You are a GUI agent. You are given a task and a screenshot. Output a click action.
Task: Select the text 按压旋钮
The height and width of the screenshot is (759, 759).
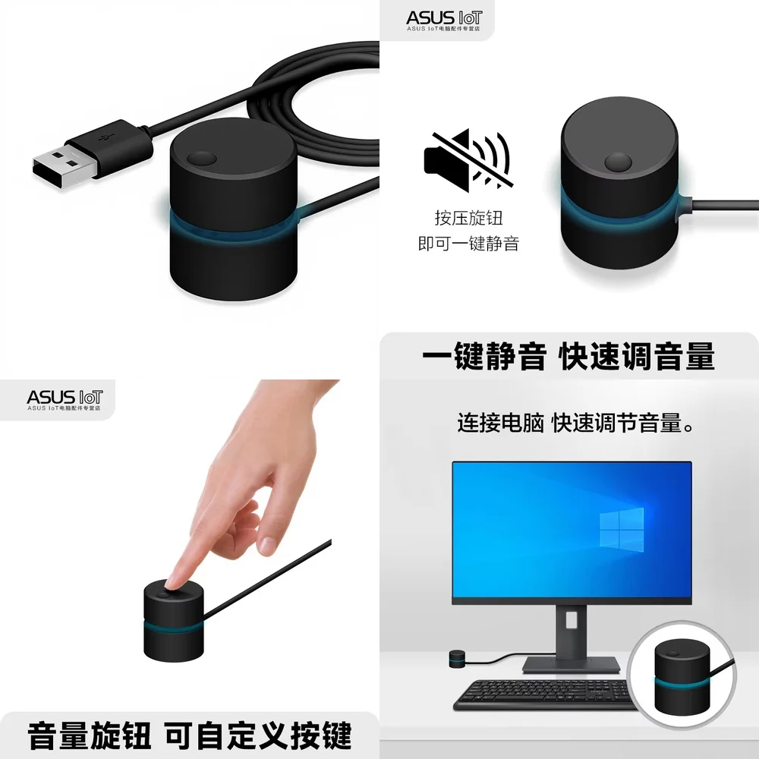[x=468, y=218]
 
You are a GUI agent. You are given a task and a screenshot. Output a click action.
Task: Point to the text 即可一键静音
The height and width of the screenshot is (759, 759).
[x=468, y=244]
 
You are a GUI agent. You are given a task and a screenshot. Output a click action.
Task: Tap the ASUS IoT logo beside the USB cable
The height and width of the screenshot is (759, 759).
[x=442, y=18]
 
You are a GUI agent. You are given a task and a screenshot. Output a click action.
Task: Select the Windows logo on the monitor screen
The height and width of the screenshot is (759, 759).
[x=621, y=528]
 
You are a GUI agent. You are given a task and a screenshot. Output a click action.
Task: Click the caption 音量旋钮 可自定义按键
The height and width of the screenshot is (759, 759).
[x=189, y=735]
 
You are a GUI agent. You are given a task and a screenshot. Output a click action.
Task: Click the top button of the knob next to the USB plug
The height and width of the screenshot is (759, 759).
[x=202, y=159]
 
